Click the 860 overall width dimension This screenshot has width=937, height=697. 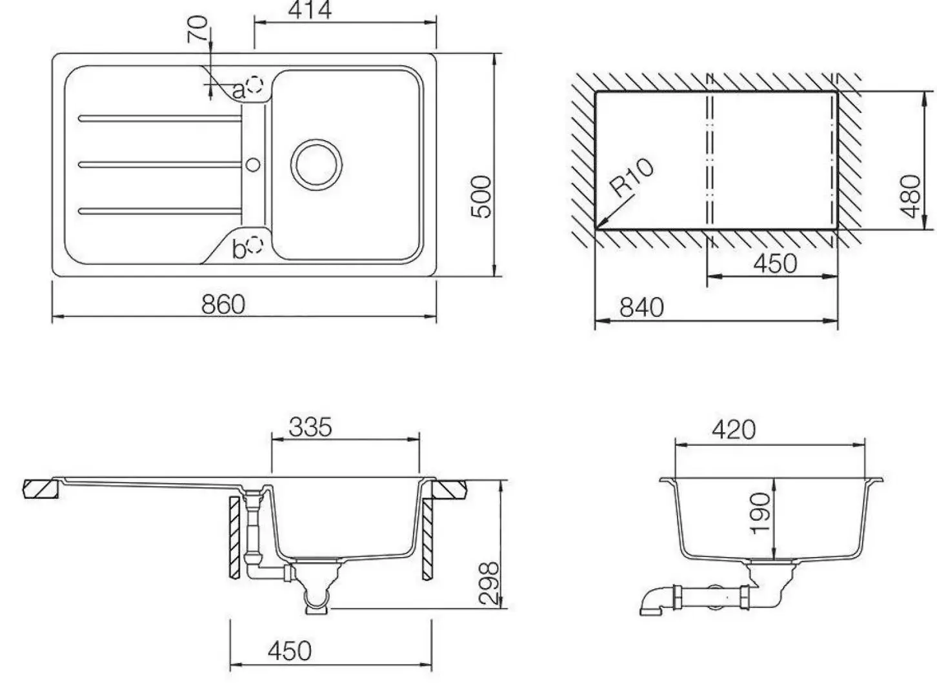tap(223, 305)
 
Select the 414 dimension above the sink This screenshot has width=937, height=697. tap(310, 10)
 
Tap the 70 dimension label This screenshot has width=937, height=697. tap(197, 29)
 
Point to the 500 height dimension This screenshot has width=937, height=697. tap(481, 197)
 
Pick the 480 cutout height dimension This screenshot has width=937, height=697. tap(911, 197)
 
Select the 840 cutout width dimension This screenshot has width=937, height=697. tap(641, 308)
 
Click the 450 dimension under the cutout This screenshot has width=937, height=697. tap(775, 264)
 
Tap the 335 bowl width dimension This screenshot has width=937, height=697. tap(310, 427)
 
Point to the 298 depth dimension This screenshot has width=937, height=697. tap(489, 583)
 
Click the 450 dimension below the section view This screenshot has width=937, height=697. tap(290, 651)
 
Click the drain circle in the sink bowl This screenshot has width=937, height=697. tap(316, 165)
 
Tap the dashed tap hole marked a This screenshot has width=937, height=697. tap(255, 85)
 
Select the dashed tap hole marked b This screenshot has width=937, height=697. tap(255, 245)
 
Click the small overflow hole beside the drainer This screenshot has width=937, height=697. tap(253, 165)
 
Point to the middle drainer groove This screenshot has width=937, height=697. tap(160, 165)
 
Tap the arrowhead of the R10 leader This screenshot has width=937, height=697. tap(598, 228)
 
